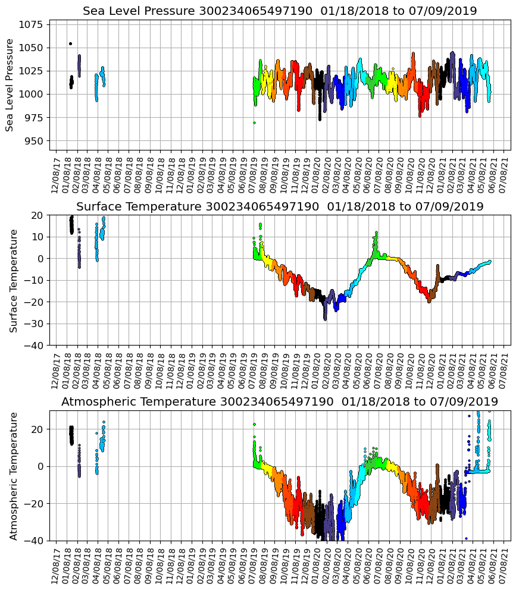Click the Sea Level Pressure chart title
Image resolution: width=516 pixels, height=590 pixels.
click(x=280, y=11)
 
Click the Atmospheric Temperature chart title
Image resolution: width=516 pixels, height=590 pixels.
click(x=280, y=402)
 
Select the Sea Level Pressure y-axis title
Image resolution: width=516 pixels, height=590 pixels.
click(x=10, y=84)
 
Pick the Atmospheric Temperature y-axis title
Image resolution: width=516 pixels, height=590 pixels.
click(x=13, y=475)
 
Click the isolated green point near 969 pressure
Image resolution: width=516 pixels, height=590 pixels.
click(x=254, y=123)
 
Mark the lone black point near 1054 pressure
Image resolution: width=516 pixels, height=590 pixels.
click(x=70, y=43)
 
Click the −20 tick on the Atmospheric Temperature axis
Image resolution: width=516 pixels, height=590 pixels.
click(x=34, y=503)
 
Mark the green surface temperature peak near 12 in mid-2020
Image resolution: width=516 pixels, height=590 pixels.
click(x=376, y=233)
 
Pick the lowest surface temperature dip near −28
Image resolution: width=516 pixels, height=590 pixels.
click(x=325, y=319)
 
